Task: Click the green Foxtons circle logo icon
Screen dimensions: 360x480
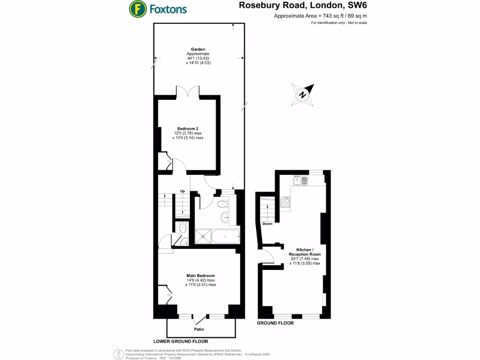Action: coord(137,8)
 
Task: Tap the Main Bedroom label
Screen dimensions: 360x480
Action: coord(201,275)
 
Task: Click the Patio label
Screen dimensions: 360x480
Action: coord(199,329)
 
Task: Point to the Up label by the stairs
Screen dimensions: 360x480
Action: coord(182,191)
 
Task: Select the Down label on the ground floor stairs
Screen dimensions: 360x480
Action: coord(267,224)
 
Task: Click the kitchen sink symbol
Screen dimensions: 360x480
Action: coord(300,179)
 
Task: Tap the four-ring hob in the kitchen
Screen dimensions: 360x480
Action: coord(285,202)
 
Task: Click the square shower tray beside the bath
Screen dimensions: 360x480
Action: coord(202,237)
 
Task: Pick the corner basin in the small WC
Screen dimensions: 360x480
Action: coord(185,242)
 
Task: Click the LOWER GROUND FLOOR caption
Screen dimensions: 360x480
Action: coord(180,341)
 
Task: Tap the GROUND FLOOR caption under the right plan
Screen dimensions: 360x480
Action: coord(275,323)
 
